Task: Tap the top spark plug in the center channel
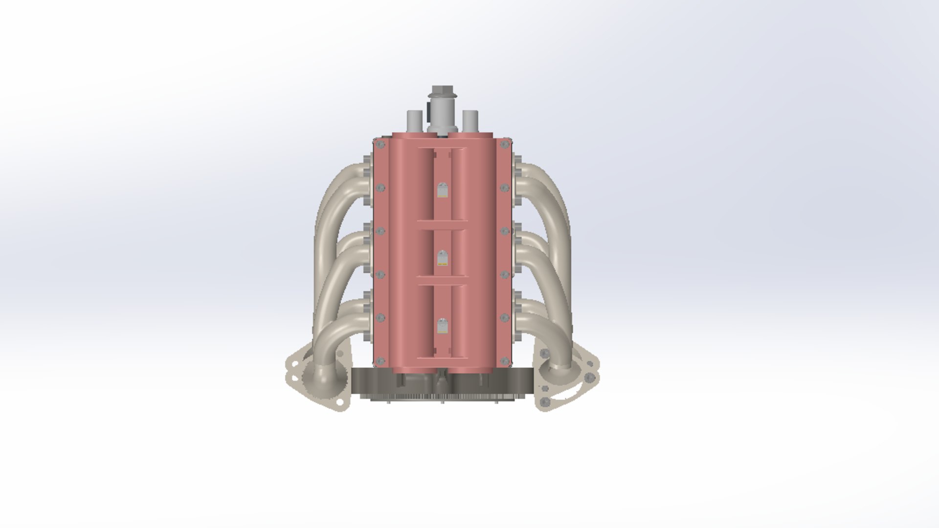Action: (x=442, y=190)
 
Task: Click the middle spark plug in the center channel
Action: (x=442, y=258)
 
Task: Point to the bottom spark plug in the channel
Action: (x=442, y=326)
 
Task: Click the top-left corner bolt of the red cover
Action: (x=379, y=145)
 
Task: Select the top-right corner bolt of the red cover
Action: (x=505, y=145)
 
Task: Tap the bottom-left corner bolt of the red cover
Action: (x=379, y=361)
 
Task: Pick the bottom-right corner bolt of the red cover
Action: (x=505, y=361)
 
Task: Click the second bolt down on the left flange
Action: (x=380, y=188)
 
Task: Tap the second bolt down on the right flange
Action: (x=504, y=188)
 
